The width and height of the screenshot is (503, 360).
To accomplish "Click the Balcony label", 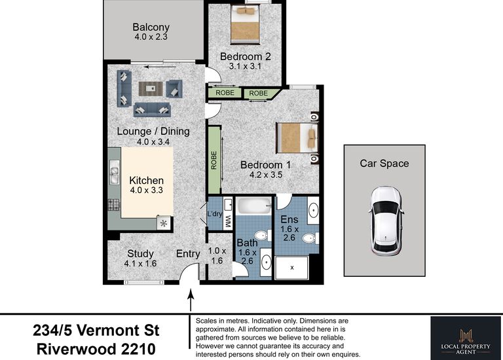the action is pyautogui.click(x=151, y=27).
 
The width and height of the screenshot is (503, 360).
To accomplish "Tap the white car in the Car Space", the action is pyautogui.click(x=386, y=221).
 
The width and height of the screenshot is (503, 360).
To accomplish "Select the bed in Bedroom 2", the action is pyautogui.click(x=245, y=24).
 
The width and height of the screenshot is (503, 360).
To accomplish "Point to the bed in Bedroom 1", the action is pyautogui.click(x=297, y=138).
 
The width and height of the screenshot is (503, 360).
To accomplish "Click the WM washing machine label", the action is pyautogui.click(x=228, y=221).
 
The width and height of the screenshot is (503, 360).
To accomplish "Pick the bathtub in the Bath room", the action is pyautogui.click(x=253, y=206).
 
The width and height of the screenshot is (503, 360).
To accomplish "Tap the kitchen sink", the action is pyautogui.click(x=114, y=172).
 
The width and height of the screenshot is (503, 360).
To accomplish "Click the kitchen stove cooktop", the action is pyautogui.click(x=113, y=204).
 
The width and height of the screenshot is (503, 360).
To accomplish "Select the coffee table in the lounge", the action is pyautogui.click(x=151, y=88).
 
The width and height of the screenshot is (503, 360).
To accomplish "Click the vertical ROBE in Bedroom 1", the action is pyautogui.click(x=214, y=160).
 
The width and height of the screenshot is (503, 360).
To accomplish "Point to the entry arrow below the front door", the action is pyautogui.click(x=191, y=300).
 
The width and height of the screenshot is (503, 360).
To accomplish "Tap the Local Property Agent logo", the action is pyautogui.click(x=466, y=339).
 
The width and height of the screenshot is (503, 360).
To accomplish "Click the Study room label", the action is pyautogui.click(x=140, y=253).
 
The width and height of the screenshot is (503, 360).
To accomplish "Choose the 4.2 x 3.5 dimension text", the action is pyautogui.click(x=266, y=175).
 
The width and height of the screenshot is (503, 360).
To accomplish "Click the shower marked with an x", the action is pyautogui.click(x=291, y=267).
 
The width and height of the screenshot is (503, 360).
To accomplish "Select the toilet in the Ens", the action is pyautogui.click(x=310, y=238).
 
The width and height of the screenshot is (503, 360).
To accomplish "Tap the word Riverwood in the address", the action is pyautogui.click(x=77, y=349).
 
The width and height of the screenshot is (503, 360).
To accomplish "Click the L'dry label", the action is pyautogui.click(x=215, y=214).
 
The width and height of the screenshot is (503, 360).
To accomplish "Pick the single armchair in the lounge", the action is pyautogui.click(x=174, y=89).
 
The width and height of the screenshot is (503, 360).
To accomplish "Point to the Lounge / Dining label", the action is pyautogui.click(x=153, y=131).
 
